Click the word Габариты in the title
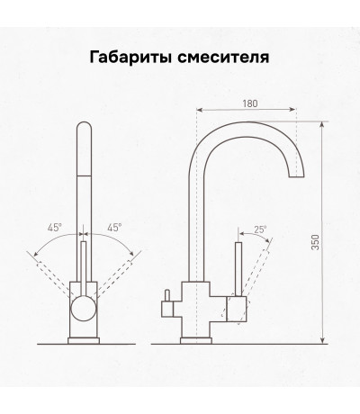130,58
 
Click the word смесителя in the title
223,58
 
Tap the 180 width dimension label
250,103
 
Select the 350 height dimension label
315,242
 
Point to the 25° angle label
260,229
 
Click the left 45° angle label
55,228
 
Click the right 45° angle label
114,228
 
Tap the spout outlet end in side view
296,176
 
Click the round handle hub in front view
84,309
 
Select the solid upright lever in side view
238,269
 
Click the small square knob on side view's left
167,309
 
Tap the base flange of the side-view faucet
196,340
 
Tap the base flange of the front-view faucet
84,340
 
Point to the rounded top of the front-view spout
84,127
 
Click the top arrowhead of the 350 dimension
322,124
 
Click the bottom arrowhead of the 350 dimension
322,340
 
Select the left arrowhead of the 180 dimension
200,110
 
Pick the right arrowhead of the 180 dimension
293,110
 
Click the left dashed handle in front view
54,278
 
